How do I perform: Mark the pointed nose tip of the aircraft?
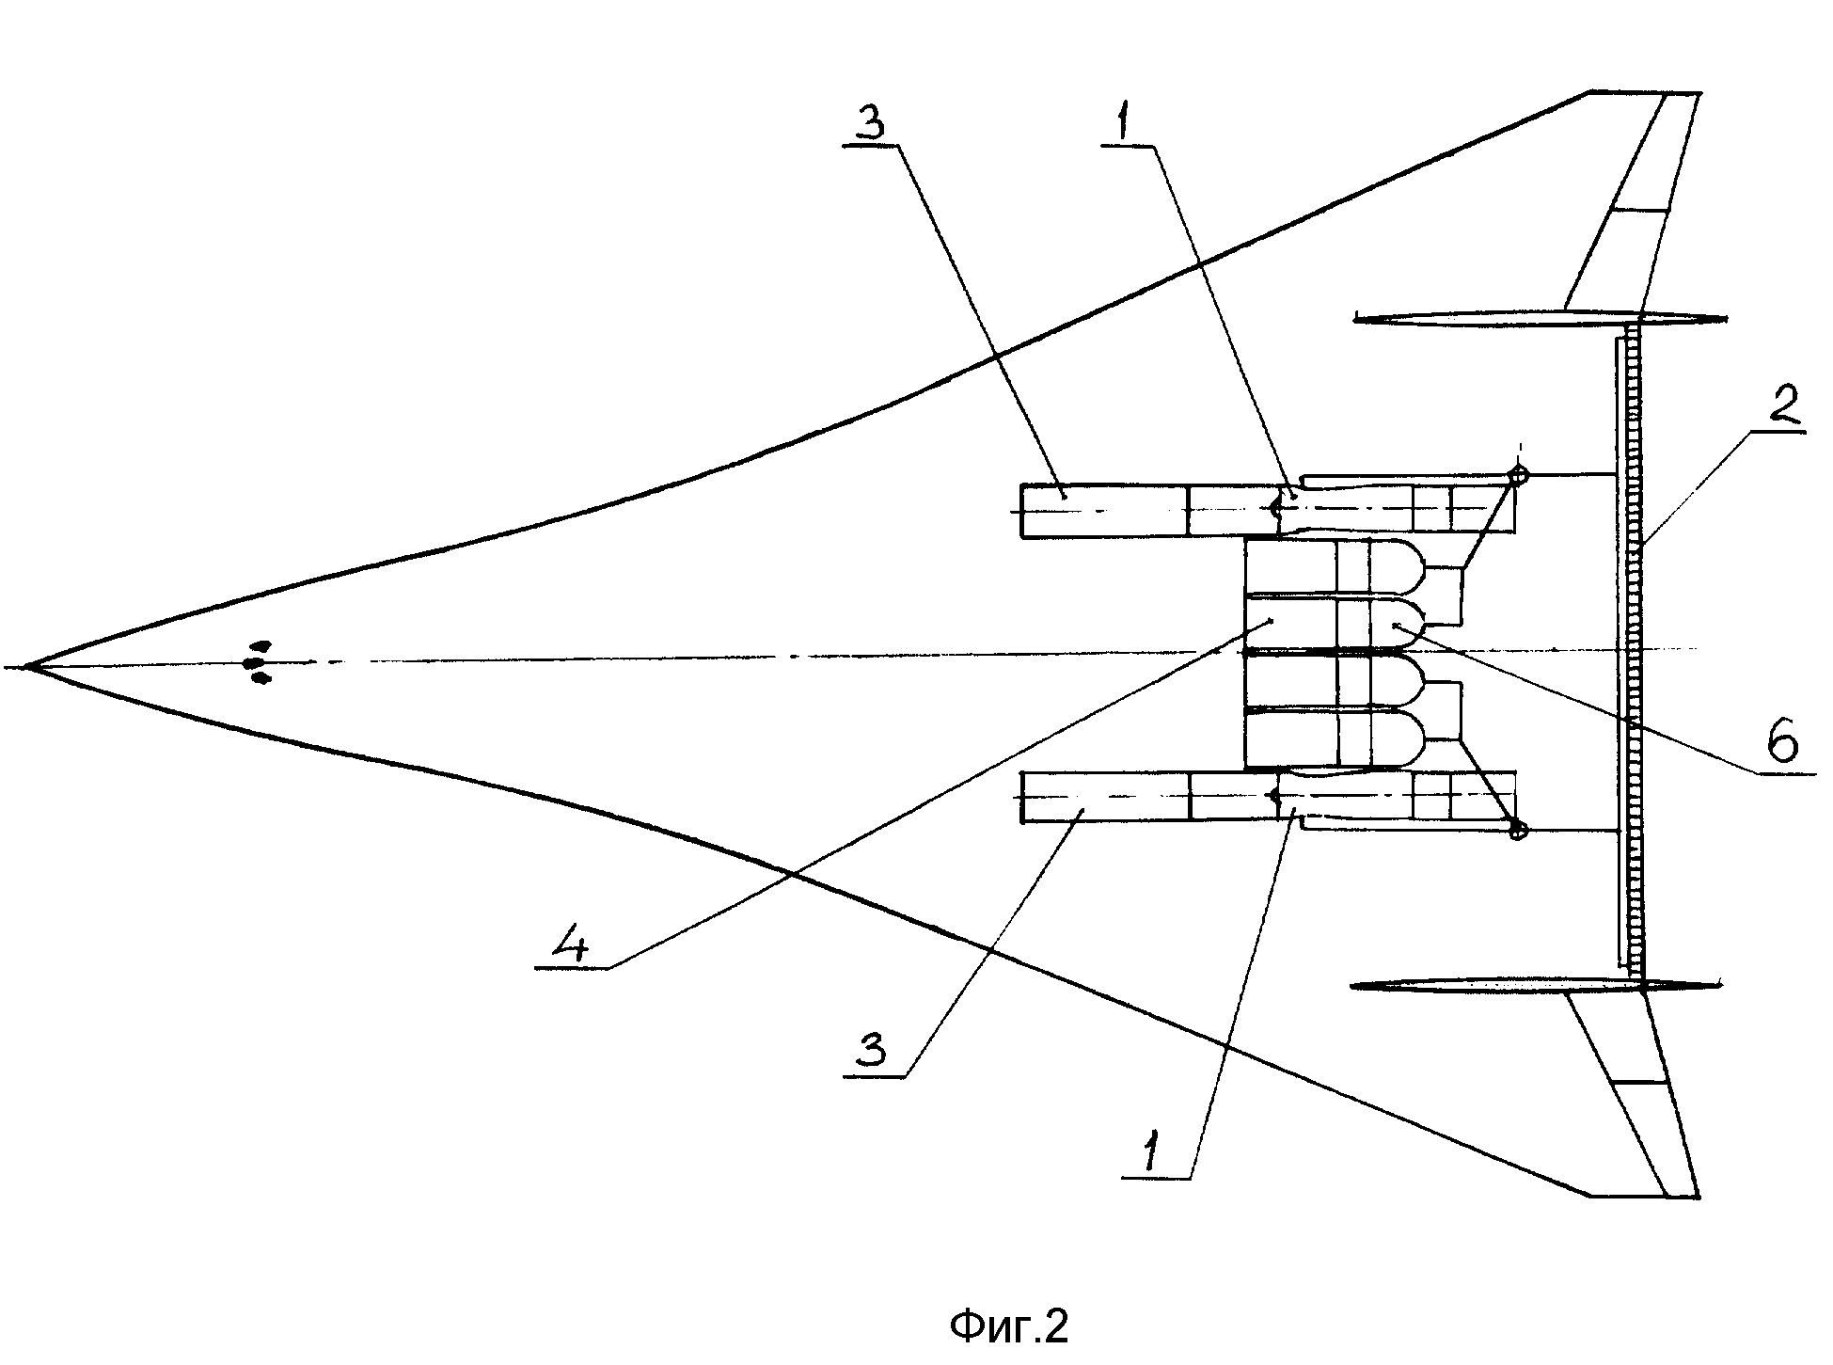coord(25,666)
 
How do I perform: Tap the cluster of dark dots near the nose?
coord(257,661)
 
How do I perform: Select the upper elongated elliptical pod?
coord(1540,319)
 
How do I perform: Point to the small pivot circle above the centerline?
coord(1516,475)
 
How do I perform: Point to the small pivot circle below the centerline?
coord(1516,830)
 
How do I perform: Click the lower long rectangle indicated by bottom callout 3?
coord(1105,797)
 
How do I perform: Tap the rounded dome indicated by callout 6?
coord(1396,623)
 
